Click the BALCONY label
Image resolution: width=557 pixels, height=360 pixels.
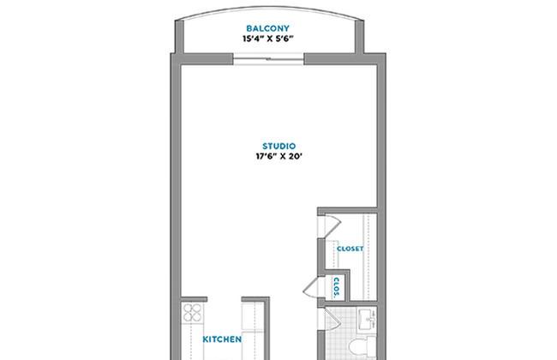pyautogui.click(x=268, y=28)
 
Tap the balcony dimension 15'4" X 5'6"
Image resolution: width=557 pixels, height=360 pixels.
pyautogui.click(x=268, y=39)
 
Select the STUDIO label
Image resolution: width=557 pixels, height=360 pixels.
pyautogui.click(x=278, y=146)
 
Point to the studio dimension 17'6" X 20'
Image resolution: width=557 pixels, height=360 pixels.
pyautogui.click(x=278, y=156)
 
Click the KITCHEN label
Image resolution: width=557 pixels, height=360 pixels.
pyautogui.click(x=222, y=339)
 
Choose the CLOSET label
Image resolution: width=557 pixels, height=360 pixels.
pyautogui.click(x=350, y=249)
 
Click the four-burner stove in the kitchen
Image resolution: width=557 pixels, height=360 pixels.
pyautogui.click(x=192, y=312)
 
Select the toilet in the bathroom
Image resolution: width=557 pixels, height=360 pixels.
pyautogui.click(x=362, y=347)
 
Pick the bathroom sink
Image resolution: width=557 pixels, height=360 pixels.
pyautogui.click(x=367, y=319)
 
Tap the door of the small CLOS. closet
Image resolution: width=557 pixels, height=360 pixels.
pyautogui.click(x=314, y=287)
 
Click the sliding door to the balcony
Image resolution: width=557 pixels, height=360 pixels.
pyautogui.click(x=268, y=59)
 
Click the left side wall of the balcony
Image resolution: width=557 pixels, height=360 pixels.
pyautogui.click(x=179, y=37)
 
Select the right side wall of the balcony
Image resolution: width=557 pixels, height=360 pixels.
pyautogui.click(x=360, y=37)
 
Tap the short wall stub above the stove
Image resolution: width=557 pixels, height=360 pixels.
pyautogui.click(x=194, y=299)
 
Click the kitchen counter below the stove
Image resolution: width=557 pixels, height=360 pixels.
pyautogui.click(x=192, y=342)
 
